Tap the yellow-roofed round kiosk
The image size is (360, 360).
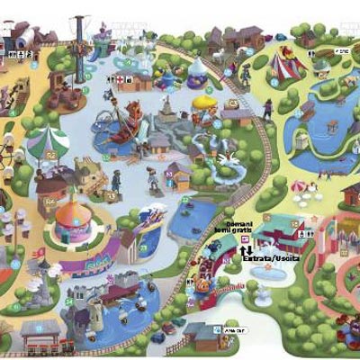click(x=205, y=105)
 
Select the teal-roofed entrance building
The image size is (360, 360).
click(x=279, y=232)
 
